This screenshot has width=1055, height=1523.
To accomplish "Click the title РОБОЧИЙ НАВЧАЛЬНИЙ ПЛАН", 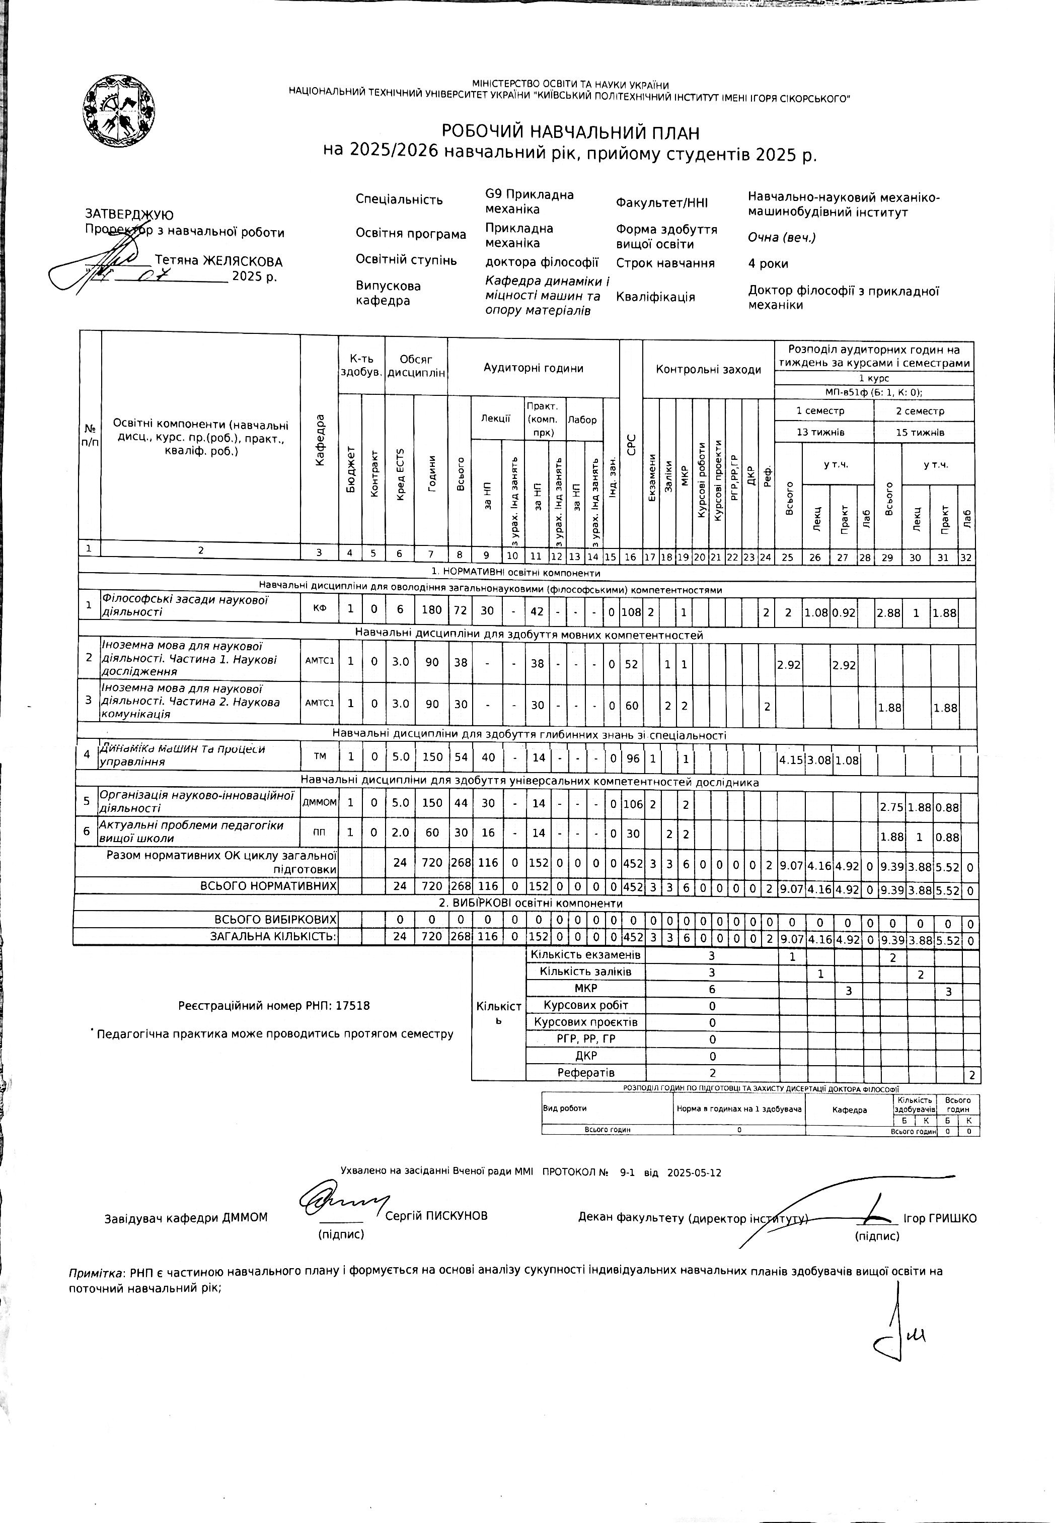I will coord(570,132).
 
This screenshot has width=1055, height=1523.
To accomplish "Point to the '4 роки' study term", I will coord(768,263).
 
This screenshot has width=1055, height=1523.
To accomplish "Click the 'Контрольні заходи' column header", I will coord(708,370).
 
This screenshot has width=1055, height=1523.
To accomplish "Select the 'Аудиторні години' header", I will coord(533,368).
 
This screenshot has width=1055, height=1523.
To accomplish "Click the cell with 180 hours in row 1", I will coord(432,611).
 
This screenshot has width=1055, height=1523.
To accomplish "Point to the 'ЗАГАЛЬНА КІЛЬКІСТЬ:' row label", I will coord(273,936).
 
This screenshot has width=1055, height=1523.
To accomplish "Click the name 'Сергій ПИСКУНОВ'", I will coord(436,1215).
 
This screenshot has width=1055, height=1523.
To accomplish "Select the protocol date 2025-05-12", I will coord(694,1173).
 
